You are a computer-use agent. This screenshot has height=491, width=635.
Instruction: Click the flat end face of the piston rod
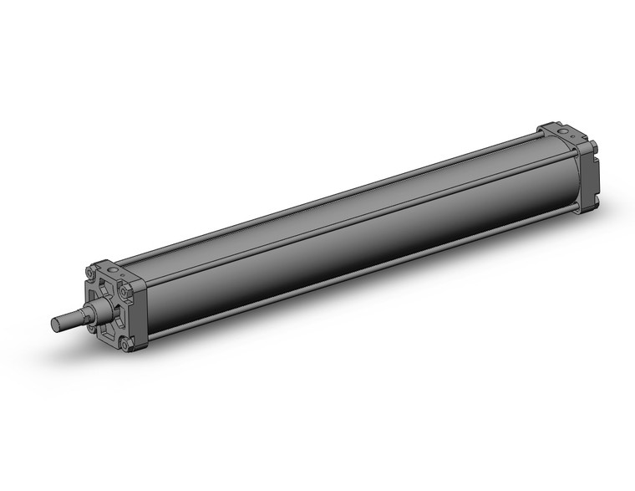tap(54, 325)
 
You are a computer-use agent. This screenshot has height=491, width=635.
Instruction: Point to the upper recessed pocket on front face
tap(106, 289)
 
